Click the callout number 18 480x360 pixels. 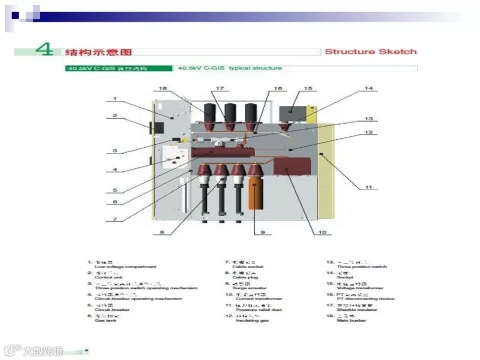tap(162, 88)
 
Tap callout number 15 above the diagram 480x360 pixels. tap(308, 88)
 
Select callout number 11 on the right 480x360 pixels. tap(368, 187)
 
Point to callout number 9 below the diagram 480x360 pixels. tap(262, 232)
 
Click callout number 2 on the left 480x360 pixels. tap(114, 115)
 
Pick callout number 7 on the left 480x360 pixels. tap(114, 218)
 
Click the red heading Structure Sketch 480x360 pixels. tap(370, 51)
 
